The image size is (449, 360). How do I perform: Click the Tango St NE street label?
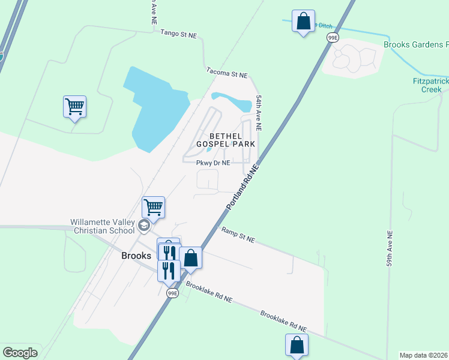[x=179, y=35]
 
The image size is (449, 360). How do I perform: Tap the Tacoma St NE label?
[x=226, y=73]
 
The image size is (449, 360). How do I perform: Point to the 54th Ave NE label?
[x=259, y=112]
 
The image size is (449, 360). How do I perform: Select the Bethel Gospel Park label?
[x=232, y=140]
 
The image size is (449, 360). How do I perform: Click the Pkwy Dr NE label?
[x=213, y=163]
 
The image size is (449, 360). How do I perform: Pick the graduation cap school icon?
[x=143, y=226]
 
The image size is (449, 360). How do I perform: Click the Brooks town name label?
[x=136, y=255]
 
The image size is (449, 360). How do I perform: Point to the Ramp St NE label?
[x=238, y=235]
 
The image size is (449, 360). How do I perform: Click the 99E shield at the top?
[x=333, y=38]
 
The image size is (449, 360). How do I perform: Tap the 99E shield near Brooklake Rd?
[x=172, y=293]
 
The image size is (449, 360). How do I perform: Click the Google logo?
[x=20, y=352]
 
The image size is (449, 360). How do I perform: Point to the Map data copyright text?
[x=424, y=355]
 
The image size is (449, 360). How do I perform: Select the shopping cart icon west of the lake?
[x=74, y=107]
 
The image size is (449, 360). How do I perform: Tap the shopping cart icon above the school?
[x=153, y=208]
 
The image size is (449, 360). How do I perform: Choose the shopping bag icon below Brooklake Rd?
[x=297, y=345]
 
